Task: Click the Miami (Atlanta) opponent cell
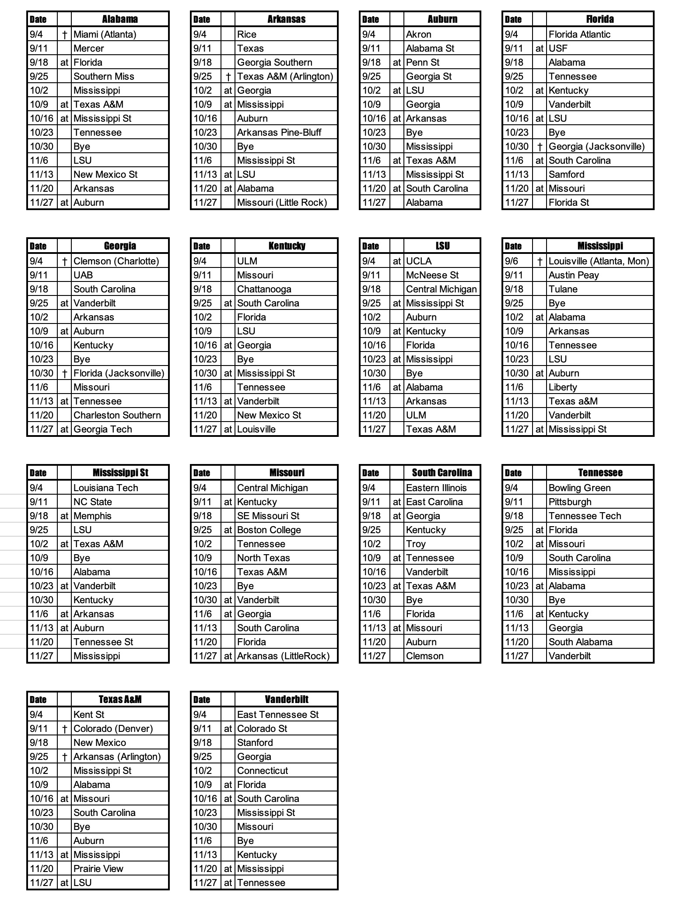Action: tap(105, 34)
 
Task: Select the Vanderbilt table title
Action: tap(287, 699)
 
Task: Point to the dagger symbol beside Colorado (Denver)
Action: tap(64, 728)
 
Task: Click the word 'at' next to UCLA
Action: tap(396, 261)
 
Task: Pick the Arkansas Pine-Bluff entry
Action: tap(279, 132)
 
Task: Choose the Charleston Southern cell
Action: tap(117, 415)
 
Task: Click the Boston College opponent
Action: tap(269, 530)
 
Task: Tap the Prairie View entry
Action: tap(98, 868)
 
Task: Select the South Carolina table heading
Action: tap(442, 472)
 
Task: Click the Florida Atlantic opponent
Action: tap(579, 34)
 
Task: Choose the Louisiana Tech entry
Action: tap(105, 488)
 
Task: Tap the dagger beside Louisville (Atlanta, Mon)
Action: tap(540, 261)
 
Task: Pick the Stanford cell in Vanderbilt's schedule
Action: tap(255, 742)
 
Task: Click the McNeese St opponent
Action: tap(432, 275)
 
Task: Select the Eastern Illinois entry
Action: tap(436, 488)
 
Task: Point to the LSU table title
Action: tap(442, 246)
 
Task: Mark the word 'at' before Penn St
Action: tap(396, 62)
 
